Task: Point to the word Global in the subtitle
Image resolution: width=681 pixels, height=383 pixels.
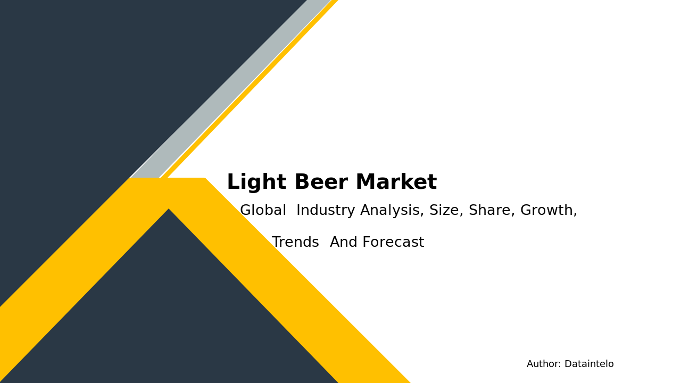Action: (x=263, y=211)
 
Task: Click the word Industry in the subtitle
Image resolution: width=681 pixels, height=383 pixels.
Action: (x=326, y=211)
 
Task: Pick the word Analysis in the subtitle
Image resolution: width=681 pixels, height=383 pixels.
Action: (x=392, y=211)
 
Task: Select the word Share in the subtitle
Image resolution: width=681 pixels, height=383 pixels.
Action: (x=492, y=211)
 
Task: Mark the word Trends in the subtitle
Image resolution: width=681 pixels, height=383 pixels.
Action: (x=295, y=243)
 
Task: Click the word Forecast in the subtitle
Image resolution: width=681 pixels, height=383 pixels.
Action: (x=393, y=243)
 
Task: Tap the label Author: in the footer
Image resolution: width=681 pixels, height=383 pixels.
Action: (x=544, y=364)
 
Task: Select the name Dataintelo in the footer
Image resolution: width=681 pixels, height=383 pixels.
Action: (x=589, y=364)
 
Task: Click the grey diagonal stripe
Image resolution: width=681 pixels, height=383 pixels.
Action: (x=234, y=85)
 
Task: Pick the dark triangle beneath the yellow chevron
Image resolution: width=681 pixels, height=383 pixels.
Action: (x=169, y=309)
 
